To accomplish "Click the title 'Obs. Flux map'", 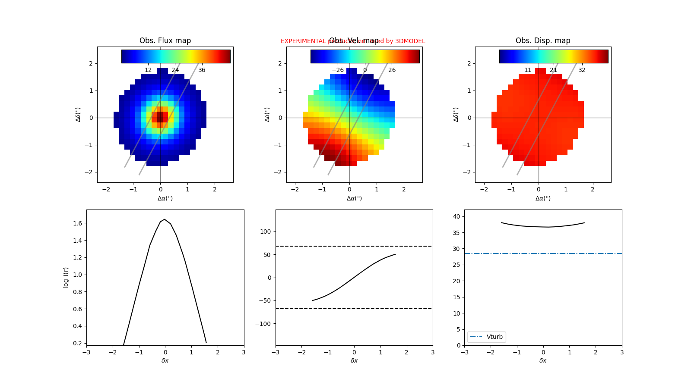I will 165,41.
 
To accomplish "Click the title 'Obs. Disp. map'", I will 543,41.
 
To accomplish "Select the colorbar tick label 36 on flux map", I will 202,70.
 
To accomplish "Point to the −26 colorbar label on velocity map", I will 337,70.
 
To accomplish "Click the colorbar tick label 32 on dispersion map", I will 582,70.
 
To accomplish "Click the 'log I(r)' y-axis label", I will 66,277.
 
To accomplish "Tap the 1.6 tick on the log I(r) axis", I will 78,223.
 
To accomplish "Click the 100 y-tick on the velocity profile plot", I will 266,232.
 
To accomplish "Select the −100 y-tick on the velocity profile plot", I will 264,324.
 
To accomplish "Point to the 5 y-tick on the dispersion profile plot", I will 458,329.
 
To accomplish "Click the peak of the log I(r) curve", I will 165,219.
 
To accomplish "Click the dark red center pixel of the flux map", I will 160,117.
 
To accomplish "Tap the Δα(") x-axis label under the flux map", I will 165,198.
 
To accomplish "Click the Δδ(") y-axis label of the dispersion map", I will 456,114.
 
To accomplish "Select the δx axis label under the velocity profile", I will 354,360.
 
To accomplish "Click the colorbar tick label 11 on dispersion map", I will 528,70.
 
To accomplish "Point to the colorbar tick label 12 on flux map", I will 148,70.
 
